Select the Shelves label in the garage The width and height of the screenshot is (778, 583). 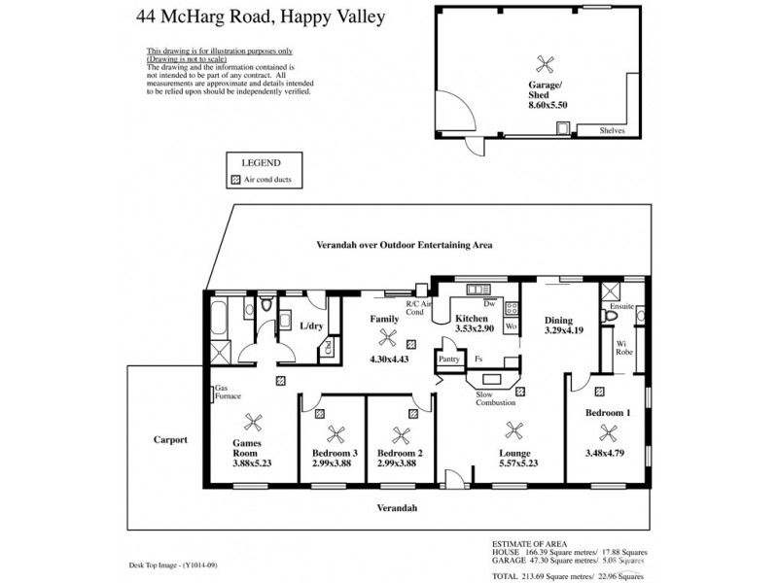[613, 130]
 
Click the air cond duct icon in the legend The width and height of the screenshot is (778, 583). [234, 181]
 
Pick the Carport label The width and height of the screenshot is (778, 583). [170, 439]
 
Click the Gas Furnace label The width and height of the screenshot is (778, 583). [228, 393]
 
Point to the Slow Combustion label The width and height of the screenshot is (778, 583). [495, 398]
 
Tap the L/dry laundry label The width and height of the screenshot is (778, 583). [312, 326]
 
